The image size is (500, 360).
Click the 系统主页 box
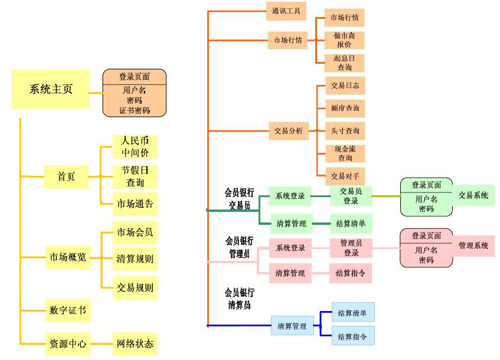point(51,90)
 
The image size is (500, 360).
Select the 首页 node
point(66,176)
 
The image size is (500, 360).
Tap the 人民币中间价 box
point(135,147)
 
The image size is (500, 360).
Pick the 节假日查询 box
point(135,176)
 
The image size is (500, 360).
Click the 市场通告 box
point(135,204)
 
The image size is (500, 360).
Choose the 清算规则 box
point(135,258)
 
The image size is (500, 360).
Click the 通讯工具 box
point(286,11)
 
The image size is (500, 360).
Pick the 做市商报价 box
point(345,40)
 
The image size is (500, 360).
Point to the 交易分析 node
point(288,131)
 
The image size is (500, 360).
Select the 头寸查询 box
point(345,131)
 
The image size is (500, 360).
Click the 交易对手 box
point(345,176)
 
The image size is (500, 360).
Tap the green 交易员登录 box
point(351,196)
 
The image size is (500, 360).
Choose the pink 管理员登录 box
point(351,248)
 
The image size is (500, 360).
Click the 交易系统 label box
point(473,195)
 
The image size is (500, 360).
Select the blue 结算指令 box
point(352,336)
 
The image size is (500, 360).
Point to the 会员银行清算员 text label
point(239,299)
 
